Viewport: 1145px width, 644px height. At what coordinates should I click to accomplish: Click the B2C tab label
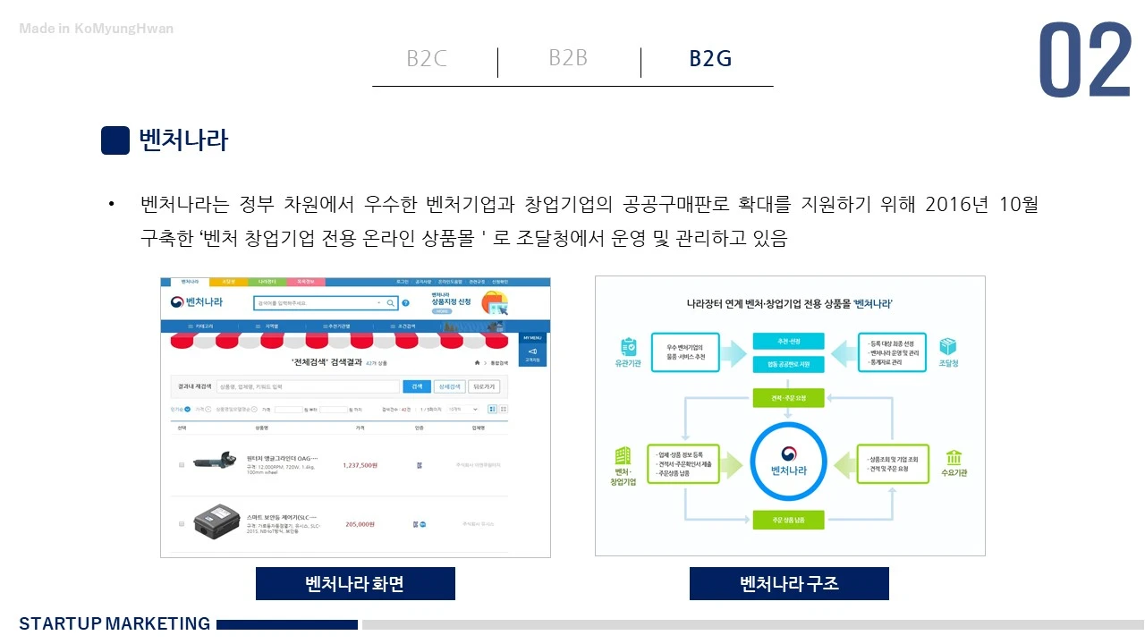click(427, 59)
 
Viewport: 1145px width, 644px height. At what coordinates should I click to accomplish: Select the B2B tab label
click(568, 58)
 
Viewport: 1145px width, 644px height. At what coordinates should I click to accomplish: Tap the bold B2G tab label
click(710, 59)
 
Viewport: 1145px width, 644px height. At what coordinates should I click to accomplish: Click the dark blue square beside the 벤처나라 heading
click(115, 140)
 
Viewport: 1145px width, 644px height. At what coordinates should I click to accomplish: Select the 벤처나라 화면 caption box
click(355, 584)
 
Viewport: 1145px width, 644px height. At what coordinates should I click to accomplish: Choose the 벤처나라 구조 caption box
click(789, 584)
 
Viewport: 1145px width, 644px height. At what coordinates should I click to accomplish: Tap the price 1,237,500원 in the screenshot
click(360, 465)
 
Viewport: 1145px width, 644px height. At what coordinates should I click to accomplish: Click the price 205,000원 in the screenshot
click(360, 524)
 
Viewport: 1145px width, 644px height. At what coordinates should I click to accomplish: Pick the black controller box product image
click(218, 521)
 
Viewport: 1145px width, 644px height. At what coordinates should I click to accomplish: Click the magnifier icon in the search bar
click(391, 303)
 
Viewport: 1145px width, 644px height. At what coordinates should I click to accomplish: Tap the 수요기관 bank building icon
click(954, 457)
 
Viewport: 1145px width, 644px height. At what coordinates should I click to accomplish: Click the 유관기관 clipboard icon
click(628, 346)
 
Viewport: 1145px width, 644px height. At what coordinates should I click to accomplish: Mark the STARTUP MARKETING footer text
click(114, 623)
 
